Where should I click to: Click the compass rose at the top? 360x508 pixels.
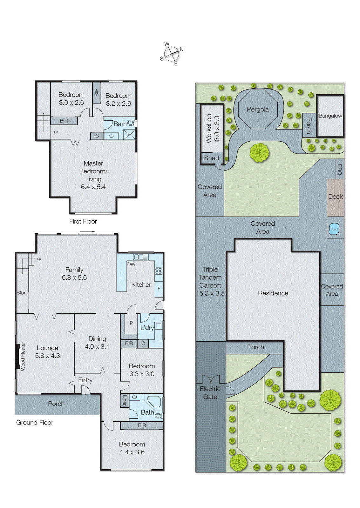click(x=172, y=54)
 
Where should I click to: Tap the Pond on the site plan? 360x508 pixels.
click(x=334, y=229)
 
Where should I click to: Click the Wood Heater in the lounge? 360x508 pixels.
click(x=18, y=357)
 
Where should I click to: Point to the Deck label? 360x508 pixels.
click(x=335, y=197)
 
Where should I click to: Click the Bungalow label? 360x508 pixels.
click(x=330, y=116)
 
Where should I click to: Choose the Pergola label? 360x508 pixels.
click(x=258, y=110)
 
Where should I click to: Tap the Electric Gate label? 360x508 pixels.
click(x=210, y=393)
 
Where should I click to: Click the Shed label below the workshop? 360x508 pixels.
click(x=211, y=158)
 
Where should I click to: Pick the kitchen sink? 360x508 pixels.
click(x=141, y=257)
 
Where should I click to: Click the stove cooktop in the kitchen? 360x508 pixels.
click(x=159, y=271)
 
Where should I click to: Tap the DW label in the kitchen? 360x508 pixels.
click(x=131, y=264)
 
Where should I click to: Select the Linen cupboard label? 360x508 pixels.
click(x=124, y=401)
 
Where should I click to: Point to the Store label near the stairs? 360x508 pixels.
click(x=22, y=293)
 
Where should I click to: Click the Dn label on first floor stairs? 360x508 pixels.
click(x=56, y=132)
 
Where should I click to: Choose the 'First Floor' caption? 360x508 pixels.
click(x=83, y=222)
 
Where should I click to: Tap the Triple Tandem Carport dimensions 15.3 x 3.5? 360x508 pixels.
click(x=210, y=293)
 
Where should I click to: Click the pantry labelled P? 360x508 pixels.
click(x=131, y=324)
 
